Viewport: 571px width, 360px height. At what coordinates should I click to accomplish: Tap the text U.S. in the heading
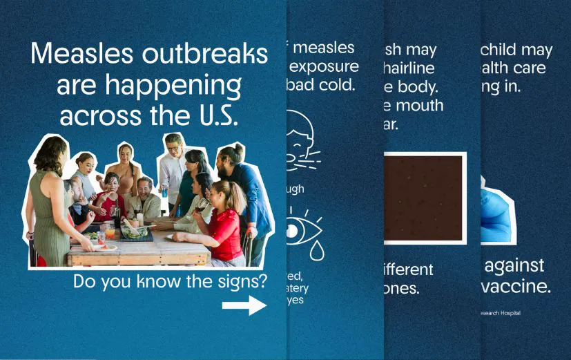(213, 115)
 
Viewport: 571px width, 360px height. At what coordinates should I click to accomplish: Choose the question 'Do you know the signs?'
(170, 282)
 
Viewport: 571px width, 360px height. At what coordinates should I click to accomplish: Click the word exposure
(324, 67)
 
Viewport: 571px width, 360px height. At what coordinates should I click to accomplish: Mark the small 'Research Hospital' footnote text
(501, 313)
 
